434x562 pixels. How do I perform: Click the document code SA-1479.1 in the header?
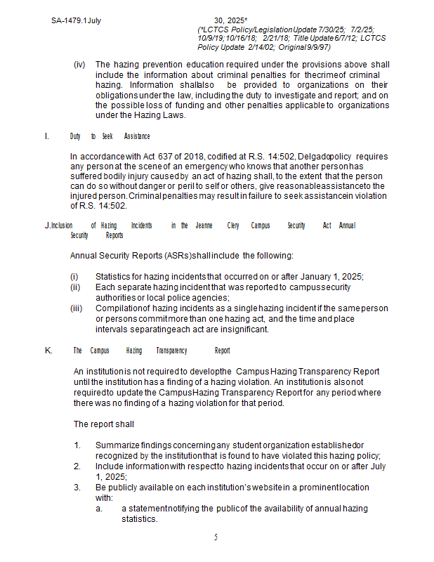[68, 20]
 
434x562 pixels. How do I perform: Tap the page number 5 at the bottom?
[216, 537]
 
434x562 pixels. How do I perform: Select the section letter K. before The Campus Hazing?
[48, 350]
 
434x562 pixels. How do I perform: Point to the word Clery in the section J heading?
[233, 226]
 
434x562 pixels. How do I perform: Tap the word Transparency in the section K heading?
[171, 350]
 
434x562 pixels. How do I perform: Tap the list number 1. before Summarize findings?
[78, 445]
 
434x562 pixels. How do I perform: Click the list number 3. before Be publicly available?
[78, 487]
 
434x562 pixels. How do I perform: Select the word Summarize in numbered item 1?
[115, 445]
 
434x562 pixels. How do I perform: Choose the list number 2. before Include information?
[78, 466]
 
